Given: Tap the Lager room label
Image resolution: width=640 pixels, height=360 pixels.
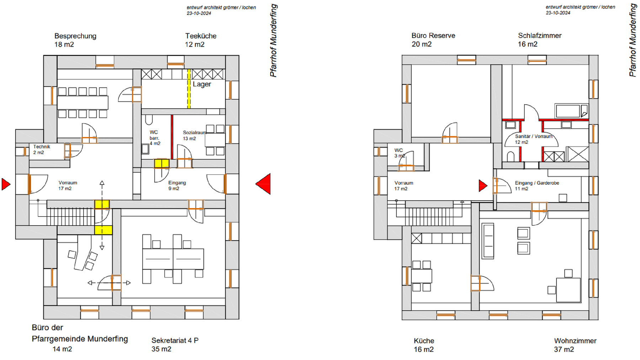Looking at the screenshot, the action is point(202,84).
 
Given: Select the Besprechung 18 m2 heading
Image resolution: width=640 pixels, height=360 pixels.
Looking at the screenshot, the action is point(75,40).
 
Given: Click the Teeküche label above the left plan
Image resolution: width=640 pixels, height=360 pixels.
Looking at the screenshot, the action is point(201,36).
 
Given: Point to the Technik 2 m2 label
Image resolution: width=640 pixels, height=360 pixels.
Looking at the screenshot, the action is point(42,149).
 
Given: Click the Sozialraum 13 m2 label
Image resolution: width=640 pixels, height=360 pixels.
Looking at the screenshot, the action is point(194,136).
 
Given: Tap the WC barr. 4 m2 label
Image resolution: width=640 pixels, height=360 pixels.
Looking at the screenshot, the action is point(155,138).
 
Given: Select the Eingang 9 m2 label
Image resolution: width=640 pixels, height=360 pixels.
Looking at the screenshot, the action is point(177,185).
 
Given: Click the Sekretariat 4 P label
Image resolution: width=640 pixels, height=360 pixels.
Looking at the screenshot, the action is point(175,340).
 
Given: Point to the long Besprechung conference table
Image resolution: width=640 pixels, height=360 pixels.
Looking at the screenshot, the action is point(82,102).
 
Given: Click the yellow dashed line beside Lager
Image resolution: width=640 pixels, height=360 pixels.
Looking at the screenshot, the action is point(189,89).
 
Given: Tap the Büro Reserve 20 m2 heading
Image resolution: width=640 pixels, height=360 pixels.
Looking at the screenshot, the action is point(433,40).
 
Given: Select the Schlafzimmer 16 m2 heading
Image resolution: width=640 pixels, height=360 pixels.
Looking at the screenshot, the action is point(539,40).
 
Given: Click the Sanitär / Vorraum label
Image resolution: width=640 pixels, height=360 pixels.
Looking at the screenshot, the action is point(534,136).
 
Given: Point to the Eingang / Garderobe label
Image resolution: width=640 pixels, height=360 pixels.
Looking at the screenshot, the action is point(537,183).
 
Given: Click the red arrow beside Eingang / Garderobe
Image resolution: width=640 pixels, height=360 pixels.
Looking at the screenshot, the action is point(483,186).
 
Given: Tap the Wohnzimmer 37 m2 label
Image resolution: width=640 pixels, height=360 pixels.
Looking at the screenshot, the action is point(575,345).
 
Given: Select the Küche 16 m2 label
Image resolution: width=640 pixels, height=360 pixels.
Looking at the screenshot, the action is point(424,345).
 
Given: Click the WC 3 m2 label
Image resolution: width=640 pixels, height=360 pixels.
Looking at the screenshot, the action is point(399,153).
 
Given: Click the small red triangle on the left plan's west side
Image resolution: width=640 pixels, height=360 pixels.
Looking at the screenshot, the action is point(6,184).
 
